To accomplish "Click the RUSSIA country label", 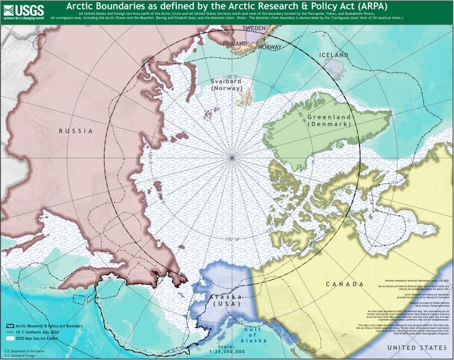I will coord(75,130).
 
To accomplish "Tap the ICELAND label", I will coord(334,55).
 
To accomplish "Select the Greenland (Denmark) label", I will coord(329,119).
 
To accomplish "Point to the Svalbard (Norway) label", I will coord(226,85).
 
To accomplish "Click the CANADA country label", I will coord(345,284).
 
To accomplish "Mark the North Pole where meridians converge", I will coord(232,157).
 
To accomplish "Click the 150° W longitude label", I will coord(232,239).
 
